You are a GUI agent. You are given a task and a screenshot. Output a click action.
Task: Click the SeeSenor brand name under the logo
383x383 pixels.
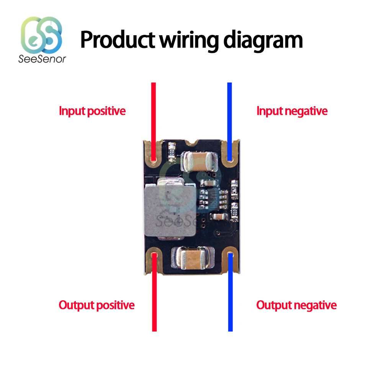click(x=42, y=59)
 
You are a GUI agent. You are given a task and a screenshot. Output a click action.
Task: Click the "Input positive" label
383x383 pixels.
click(x=92, y=111)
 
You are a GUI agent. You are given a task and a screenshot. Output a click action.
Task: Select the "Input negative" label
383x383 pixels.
click(x=292, y=111)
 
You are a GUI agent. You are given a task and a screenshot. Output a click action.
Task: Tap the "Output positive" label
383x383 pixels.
click(x=97, y=305)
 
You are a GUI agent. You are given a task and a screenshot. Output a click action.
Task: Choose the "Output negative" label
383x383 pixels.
click(x=296, y=305)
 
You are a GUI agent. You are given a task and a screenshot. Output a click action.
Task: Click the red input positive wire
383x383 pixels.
click(x=154, y=115)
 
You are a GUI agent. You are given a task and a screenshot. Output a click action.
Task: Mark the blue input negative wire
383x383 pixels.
click(x=230, y=115)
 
